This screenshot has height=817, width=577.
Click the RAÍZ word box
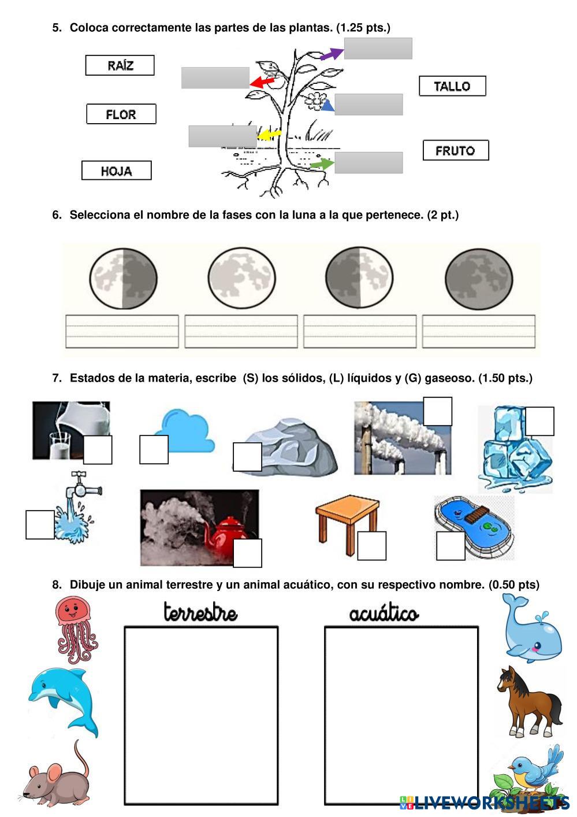pos(120,65)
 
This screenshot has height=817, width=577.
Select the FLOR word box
pos(121,114)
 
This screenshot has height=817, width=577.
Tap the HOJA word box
pos(116,171)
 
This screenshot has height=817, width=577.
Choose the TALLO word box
pos(452,86)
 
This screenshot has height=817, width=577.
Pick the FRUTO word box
pos(455,150)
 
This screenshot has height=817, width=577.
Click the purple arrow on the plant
pos(331,54)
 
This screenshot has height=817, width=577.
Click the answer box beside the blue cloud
pos(154,449)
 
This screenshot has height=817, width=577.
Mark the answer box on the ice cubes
pos(539,421)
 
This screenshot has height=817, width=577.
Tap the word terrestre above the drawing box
pos(200,612)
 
